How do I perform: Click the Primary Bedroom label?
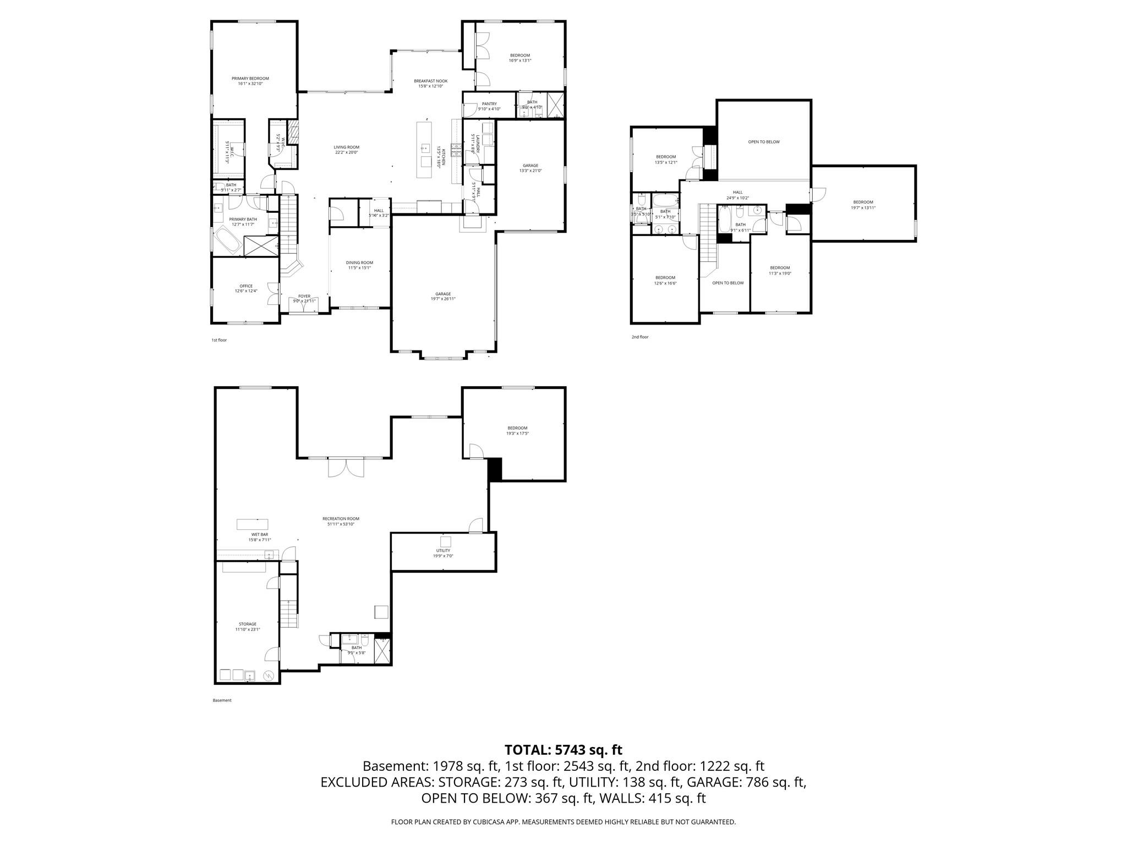pyautogui.click(x=250, y=79)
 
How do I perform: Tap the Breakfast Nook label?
pyautogui.click(x=430, y=81)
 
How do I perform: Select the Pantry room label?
pyautogui.click(x=489, y=103)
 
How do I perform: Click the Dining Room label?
pyautogui.click(x=359, y=262)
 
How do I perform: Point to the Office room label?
pyautogui.click(x=246, y=286)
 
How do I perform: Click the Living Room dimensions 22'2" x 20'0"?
pyautogui.click(x=346, y=152)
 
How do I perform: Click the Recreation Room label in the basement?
pyautogui.click(x=341, y=518)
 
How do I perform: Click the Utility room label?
pyautogui.click(x=443, y=550)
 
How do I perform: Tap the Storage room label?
pyautogui.click(x=248, y=624)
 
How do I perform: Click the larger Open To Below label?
pyautogui.click(x=764, y=142)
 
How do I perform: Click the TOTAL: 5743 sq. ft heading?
pyautogui.click(x=563, y=749)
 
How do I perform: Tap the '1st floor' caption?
pyautogui.click(x=219, y=340)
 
